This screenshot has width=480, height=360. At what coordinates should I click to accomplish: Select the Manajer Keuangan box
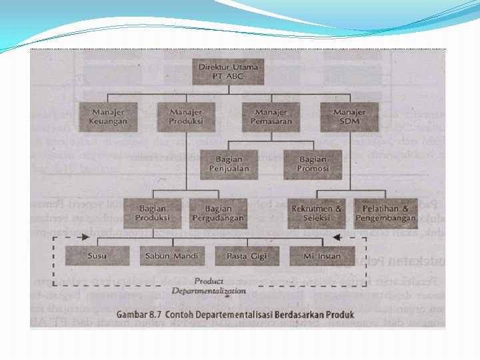coord(108,117)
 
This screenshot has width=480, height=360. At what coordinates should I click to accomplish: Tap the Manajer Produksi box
coord(185,117)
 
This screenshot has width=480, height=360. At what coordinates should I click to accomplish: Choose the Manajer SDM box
coord(349,117)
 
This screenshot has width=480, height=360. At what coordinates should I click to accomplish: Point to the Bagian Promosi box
coord(313,164)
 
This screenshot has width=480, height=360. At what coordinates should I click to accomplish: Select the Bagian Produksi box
coord(153,213)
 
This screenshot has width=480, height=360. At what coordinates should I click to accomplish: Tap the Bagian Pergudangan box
coord(219,213)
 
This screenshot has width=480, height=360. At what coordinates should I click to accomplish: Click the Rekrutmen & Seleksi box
coord(317,213)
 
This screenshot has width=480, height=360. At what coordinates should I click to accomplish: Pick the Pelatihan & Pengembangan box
coord(386,213)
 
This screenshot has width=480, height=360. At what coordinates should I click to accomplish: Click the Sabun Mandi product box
coord(171,255)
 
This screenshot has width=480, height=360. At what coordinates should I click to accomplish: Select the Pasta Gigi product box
coord(246,255)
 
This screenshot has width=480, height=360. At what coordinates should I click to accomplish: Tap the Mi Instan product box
coord(321,255)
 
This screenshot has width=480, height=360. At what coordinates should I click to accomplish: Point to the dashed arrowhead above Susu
coord(84,237)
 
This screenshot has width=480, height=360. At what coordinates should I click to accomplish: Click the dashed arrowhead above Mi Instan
coord(337,237)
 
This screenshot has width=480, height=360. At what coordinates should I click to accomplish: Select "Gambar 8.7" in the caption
coord(138,314)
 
